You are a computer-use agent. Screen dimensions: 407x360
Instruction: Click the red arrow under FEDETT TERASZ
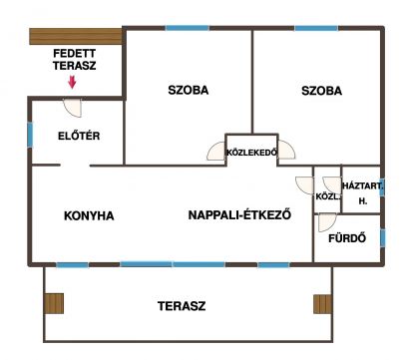click(x=72, y=83)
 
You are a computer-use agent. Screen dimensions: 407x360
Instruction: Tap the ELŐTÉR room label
click(x=79, y=136)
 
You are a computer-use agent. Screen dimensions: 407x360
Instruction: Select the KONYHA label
click(x=89, y=215)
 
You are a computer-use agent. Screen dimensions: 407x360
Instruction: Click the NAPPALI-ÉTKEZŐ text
click(x=239, y=214)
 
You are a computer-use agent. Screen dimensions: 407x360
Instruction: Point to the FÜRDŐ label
click(x=347, y=238)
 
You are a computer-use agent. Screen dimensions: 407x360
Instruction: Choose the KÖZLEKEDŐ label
click(x=251, y=153)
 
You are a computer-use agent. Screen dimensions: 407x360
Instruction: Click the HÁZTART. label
click(x=362, y=185)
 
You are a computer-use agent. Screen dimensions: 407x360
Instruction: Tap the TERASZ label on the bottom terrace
click(x=182, y=306)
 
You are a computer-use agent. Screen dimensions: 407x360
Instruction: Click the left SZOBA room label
click(x=189, y=90)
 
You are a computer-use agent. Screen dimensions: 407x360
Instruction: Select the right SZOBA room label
click(x=321, y=91)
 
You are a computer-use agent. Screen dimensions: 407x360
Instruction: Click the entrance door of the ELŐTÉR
click(x=73, y=107)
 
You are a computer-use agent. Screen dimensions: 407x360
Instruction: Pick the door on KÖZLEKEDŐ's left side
click(x=216, y=151)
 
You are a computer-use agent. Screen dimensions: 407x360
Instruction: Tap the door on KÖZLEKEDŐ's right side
click(x=286, y=150)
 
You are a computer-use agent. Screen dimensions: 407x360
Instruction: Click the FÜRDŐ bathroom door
click(x=327, y=222)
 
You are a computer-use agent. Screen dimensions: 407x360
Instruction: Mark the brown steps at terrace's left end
click(x=54, y=303)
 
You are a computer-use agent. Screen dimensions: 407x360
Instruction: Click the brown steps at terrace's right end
click(x=323, y=304)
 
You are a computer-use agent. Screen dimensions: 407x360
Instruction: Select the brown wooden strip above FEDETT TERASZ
click(x=76, y=37)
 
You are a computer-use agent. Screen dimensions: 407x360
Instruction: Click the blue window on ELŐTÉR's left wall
click(x=30, y=135)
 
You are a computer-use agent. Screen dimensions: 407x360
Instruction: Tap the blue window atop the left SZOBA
click(x=188, y=28)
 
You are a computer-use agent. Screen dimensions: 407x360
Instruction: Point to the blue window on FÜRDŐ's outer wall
click(x=383, y=237)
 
